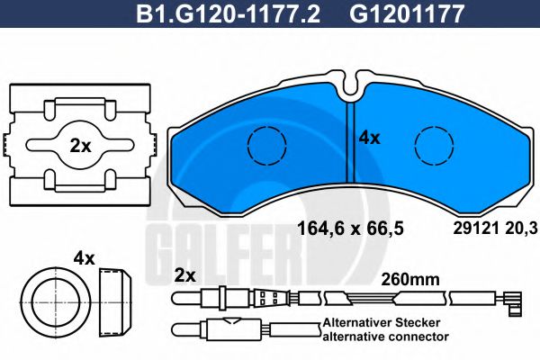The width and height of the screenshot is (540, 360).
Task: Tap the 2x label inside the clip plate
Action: point(80,146)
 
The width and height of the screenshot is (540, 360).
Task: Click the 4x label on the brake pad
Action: point(369,139)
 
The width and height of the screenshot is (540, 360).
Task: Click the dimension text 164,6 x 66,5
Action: point(350,229)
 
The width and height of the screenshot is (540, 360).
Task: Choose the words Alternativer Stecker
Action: point(384,321)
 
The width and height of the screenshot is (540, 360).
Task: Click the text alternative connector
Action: point(384,336)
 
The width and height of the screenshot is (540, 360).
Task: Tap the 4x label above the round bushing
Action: point(84,258)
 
